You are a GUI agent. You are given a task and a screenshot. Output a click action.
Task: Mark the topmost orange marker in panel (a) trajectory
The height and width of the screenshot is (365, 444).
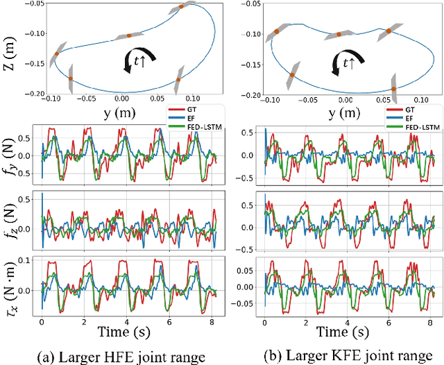click(182, 7)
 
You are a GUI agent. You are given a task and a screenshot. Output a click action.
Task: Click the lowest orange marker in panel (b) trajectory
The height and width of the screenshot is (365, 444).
click(394, 89)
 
